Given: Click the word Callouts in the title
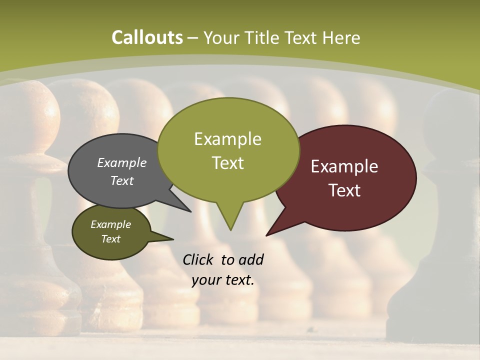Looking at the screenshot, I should [x=147, y=37].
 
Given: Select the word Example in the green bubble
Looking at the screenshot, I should [x=227, y=139].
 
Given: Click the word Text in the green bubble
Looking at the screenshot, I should [x=227, y=163].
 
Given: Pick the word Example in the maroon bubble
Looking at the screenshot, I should [x=344, y=166].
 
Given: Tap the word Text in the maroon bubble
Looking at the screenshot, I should [x=344, y=190].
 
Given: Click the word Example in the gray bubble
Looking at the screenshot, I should [x=121, y=162].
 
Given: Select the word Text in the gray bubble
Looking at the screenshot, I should [x=121, y=180].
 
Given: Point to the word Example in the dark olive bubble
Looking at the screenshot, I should [x=110, y=224].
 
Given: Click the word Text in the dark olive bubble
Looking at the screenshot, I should [x=110, y=239].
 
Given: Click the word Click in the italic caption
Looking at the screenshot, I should [x=198, y=259].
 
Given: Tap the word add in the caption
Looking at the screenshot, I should [x=250, y=259].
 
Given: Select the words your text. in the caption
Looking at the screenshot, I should [x=223, y=280].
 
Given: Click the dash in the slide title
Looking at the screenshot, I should [x=193, y=38].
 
